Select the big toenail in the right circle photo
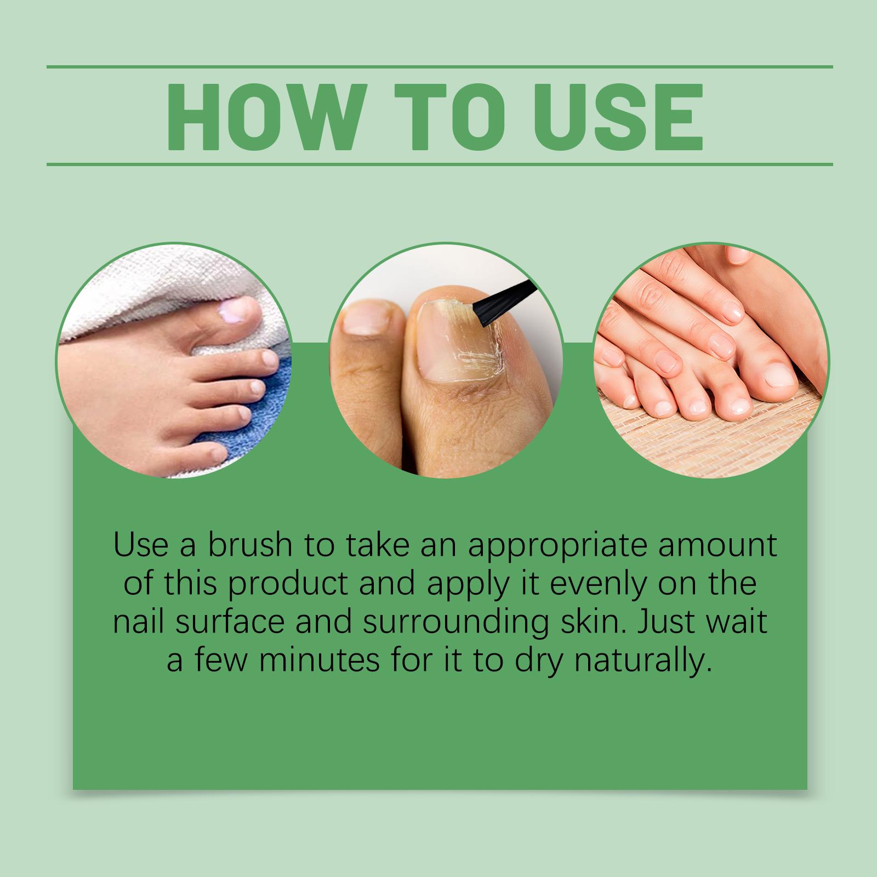(778, 375)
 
